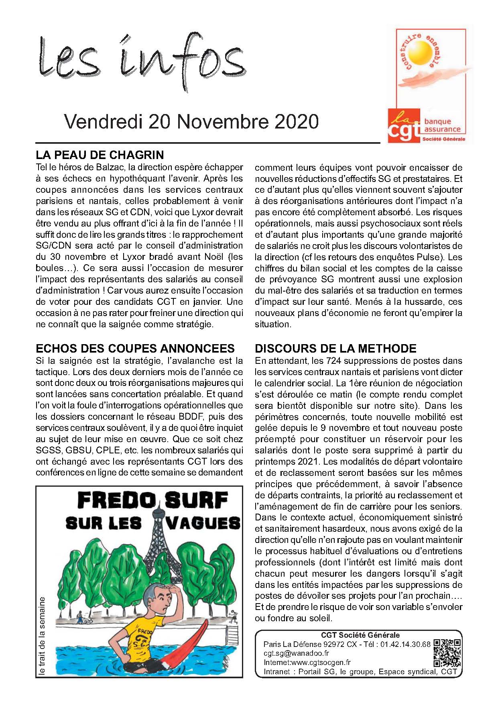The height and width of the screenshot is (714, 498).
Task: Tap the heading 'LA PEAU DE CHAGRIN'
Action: click(100, 155)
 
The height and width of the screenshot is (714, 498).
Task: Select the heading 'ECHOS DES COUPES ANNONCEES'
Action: click(135, 348)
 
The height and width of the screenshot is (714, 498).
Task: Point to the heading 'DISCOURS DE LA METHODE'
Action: click(335, 348)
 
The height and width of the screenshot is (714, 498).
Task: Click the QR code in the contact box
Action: click(447, 653)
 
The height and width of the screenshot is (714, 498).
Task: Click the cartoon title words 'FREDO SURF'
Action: click(152, 500)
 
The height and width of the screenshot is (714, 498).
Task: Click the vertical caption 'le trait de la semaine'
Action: click(42, 635)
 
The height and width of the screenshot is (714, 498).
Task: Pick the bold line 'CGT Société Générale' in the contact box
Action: click(360, 635)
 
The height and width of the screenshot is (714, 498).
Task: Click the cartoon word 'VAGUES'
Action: click(203, 523)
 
